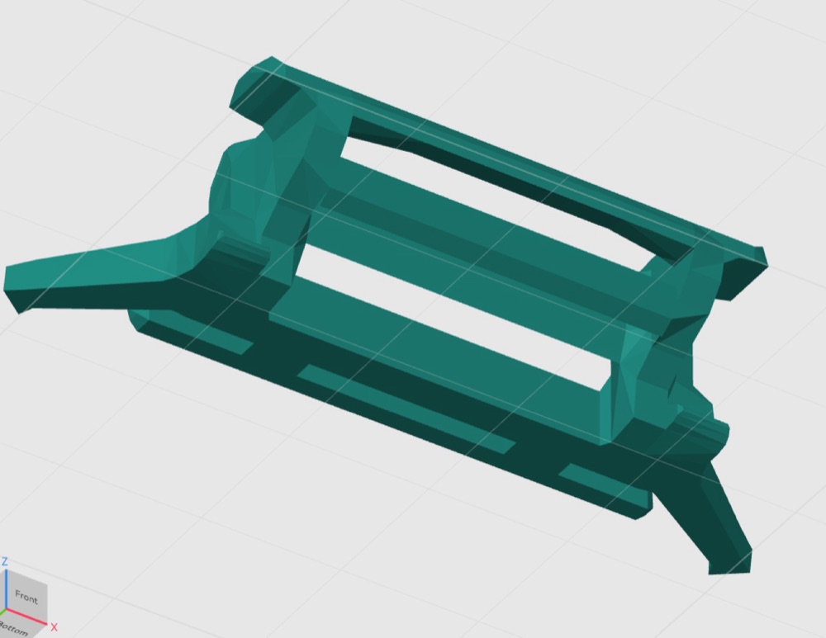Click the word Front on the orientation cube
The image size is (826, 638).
click(x=26, y=598)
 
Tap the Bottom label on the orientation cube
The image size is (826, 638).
click(x=14, y=629)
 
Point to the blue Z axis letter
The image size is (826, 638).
click(x=4, y=562)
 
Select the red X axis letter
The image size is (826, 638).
click(x=54, y=627)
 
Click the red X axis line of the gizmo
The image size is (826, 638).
click(x=26, y=618)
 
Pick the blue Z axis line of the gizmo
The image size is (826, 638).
click(x=6, y=589)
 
